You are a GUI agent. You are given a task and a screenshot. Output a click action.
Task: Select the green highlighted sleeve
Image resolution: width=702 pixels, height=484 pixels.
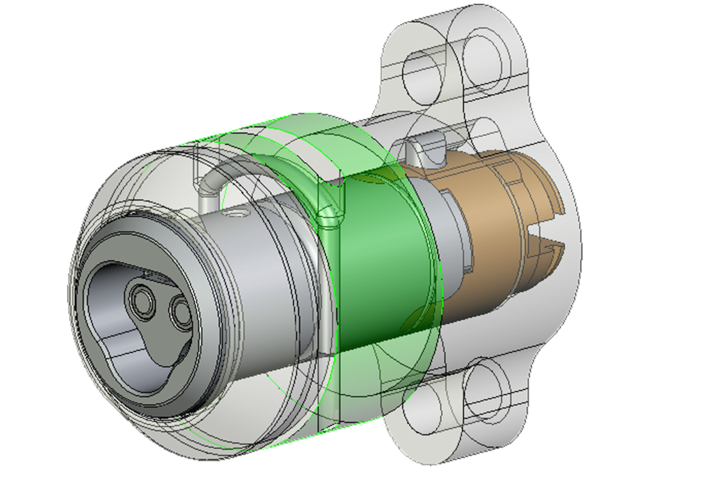click(380, 263)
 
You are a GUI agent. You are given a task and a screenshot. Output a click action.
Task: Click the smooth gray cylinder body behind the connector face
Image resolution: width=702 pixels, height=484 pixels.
click(263, 263)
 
